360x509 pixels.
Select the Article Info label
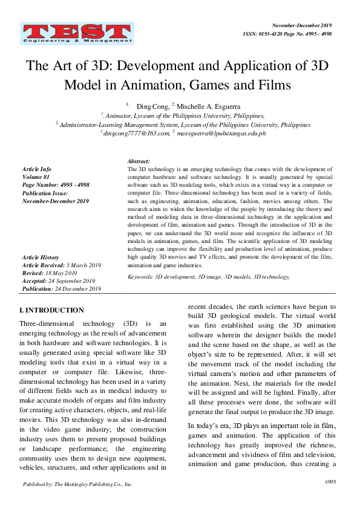point(36,169)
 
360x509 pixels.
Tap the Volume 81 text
point(34,177)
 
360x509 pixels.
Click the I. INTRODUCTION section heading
point(52,310)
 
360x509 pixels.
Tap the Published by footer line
point(77,484)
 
